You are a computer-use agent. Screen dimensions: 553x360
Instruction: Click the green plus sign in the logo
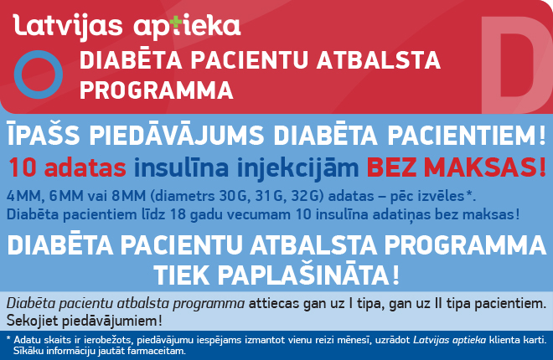176,23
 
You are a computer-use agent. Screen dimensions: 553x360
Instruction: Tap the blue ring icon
38,56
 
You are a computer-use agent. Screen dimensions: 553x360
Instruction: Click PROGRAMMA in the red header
157,90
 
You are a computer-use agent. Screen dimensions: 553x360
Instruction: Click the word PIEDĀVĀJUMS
176,135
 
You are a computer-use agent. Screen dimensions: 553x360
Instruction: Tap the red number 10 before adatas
23,167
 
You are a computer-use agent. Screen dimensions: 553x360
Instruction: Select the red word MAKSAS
486,167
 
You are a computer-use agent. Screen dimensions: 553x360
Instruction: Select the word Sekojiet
33,321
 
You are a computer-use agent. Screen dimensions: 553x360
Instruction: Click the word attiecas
274,304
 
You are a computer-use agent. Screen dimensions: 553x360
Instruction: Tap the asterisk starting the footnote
9,338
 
